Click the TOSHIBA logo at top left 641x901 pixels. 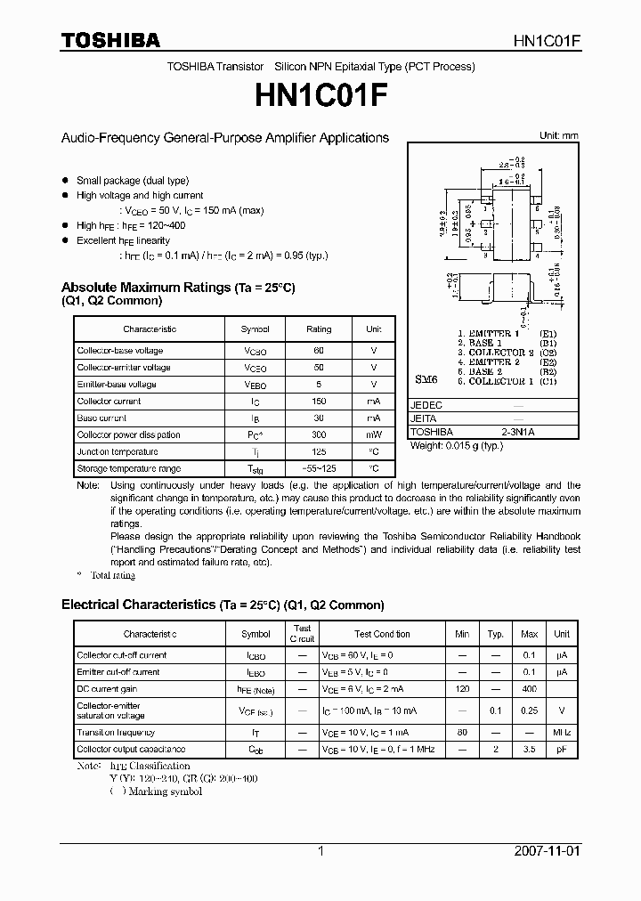110,40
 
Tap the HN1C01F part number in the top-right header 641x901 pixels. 547,41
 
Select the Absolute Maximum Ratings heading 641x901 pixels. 177,288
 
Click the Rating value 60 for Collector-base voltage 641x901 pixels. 319,351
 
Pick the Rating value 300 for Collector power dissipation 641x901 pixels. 319,434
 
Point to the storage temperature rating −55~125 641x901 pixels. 319,468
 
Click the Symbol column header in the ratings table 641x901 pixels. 255,329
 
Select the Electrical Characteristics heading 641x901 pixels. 223,605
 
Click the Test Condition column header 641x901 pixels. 382,634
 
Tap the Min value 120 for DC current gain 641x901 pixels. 462,689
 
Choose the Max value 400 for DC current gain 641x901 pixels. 529,689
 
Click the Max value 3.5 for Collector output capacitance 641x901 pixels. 529,750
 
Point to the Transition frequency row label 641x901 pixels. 116,733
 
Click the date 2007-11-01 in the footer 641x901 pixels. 547,851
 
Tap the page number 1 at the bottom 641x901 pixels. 320,851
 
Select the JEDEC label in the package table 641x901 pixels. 426,404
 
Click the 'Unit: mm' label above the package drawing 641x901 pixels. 558,135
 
